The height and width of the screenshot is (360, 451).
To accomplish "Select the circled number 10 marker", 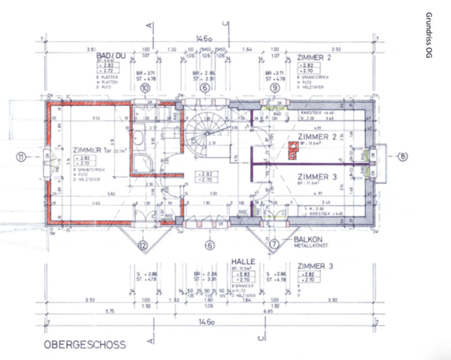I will coord(145,88).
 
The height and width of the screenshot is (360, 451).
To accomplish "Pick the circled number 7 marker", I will coord(275,244).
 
